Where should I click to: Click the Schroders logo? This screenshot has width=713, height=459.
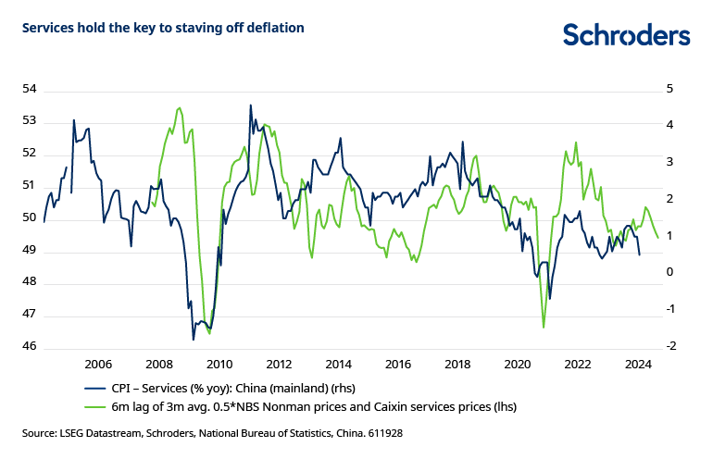[627, 34]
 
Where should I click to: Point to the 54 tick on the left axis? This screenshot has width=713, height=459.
[29, 89]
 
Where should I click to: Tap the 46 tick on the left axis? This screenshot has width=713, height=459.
[29, 346]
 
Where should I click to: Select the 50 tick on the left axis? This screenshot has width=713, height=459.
[29, 217]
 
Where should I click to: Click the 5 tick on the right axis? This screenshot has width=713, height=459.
[669, 89]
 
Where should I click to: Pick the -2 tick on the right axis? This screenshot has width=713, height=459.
[670, 346]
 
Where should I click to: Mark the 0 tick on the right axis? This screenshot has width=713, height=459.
[669, 272]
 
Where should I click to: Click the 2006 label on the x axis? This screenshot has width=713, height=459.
[98, 364]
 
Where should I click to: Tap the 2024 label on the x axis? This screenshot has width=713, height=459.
[636, 364]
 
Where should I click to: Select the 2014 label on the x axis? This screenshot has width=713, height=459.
[337, 364]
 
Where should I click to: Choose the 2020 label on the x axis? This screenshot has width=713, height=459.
[517, 364]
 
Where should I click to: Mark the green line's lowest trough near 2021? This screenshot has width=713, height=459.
[544, 326]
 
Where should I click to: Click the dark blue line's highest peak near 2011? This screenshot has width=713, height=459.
[251, 105]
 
